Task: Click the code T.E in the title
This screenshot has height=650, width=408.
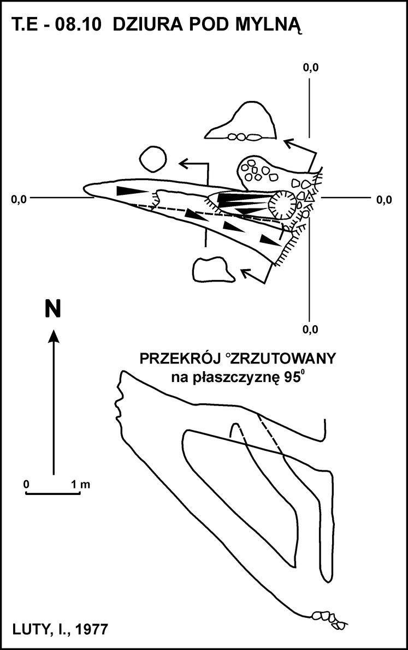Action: pos(26,25)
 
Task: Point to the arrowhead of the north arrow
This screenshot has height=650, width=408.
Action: pos(53,336)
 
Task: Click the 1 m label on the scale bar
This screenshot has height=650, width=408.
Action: pos(80,484)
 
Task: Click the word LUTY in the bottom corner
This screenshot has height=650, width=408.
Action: pos(30,630)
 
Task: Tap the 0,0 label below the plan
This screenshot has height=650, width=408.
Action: pos(310,330)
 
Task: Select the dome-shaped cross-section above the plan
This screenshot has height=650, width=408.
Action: pos(241,121)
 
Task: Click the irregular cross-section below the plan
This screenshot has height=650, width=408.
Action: pos(212,269)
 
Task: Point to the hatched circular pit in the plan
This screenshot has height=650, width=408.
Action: pos(283,204)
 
